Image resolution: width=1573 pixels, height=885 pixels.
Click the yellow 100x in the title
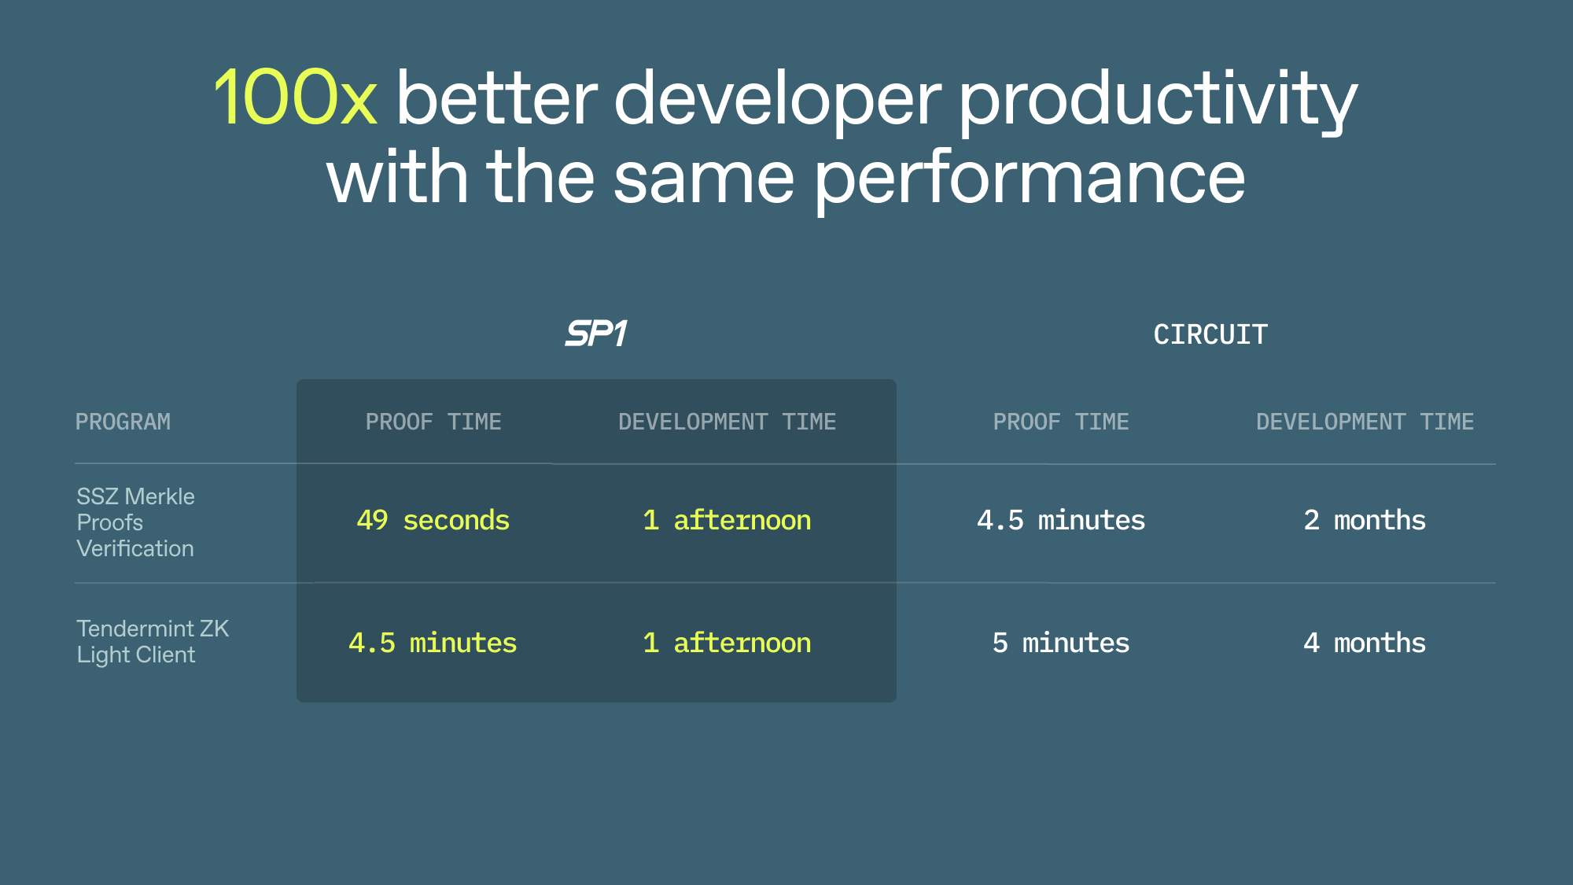click(295, 98)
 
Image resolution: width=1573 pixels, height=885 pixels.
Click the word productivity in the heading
click(1158, 101)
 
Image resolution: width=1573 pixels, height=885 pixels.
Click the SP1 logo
click(596, 334)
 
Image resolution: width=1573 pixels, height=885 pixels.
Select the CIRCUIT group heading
click(1210, 334)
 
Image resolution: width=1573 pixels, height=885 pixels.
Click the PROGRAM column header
click(123, 422)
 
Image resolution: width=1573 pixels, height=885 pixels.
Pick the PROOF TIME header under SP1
click(433, 422)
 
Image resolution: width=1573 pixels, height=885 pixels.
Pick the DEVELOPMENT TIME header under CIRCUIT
click(1365, 422)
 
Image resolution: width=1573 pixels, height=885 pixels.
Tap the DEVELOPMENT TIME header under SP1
click(727, 422)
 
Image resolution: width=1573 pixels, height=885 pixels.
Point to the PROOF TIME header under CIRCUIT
click(1060, 422)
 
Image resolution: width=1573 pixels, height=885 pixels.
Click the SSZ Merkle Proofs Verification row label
click(135, 522)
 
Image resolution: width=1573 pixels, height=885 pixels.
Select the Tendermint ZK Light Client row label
click(152, 641)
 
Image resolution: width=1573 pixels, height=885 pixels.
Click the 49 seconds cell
click(433, 520)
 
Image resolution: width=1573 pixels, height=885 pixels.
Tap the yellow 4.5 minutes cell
click(433, 643)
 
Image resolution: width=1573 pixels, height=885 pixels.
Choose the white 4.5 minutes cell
click(1060, 520)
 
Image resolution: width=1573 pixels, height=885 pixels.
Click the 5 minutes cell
click(1060, 643)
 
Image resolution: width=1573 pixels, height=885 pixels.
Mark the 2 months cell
click(1364, 520)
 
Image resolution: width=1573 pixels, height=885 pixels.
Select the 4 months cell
click(1364, 643)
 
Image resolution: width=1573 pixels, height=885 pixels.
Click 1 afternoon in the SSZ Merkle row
click(727, 520)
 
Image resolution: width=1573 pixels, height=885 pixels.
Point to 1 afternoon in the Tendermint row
click(727, 643)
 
